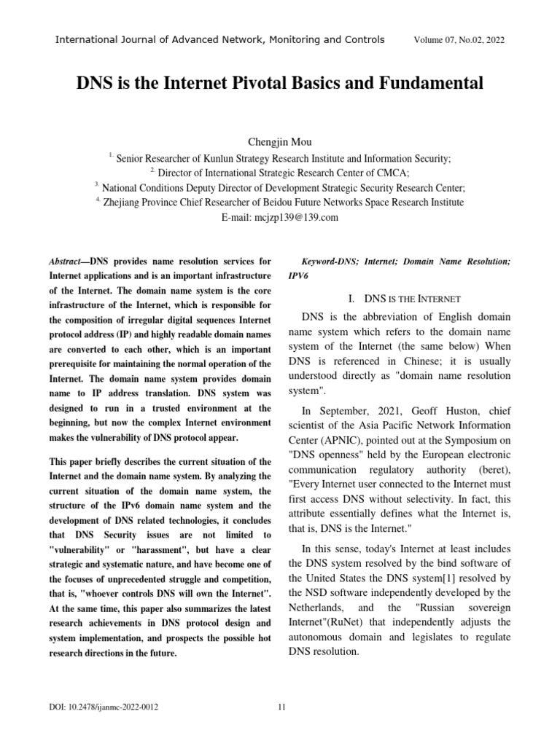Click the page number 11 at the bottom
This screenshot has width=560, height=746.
[x=283, y=707]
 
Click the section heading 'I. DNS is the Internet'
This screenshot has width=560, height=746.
[x=402, y=299]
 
